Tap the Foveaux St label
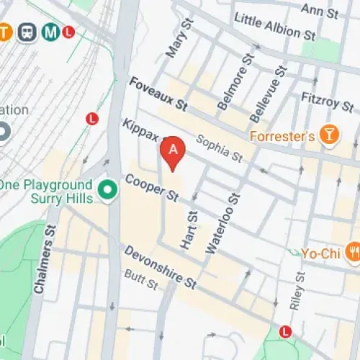tap(158, 94)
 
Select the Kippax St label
tap(141, 132)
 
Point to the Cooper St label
tap(151, 186)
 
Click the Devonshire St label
tap(160, 266)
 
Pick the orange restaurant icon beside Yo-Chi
tap(353, 252)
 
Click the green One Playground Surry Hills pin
tap(108, 191)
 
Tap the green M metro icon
tap(49, 32)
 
